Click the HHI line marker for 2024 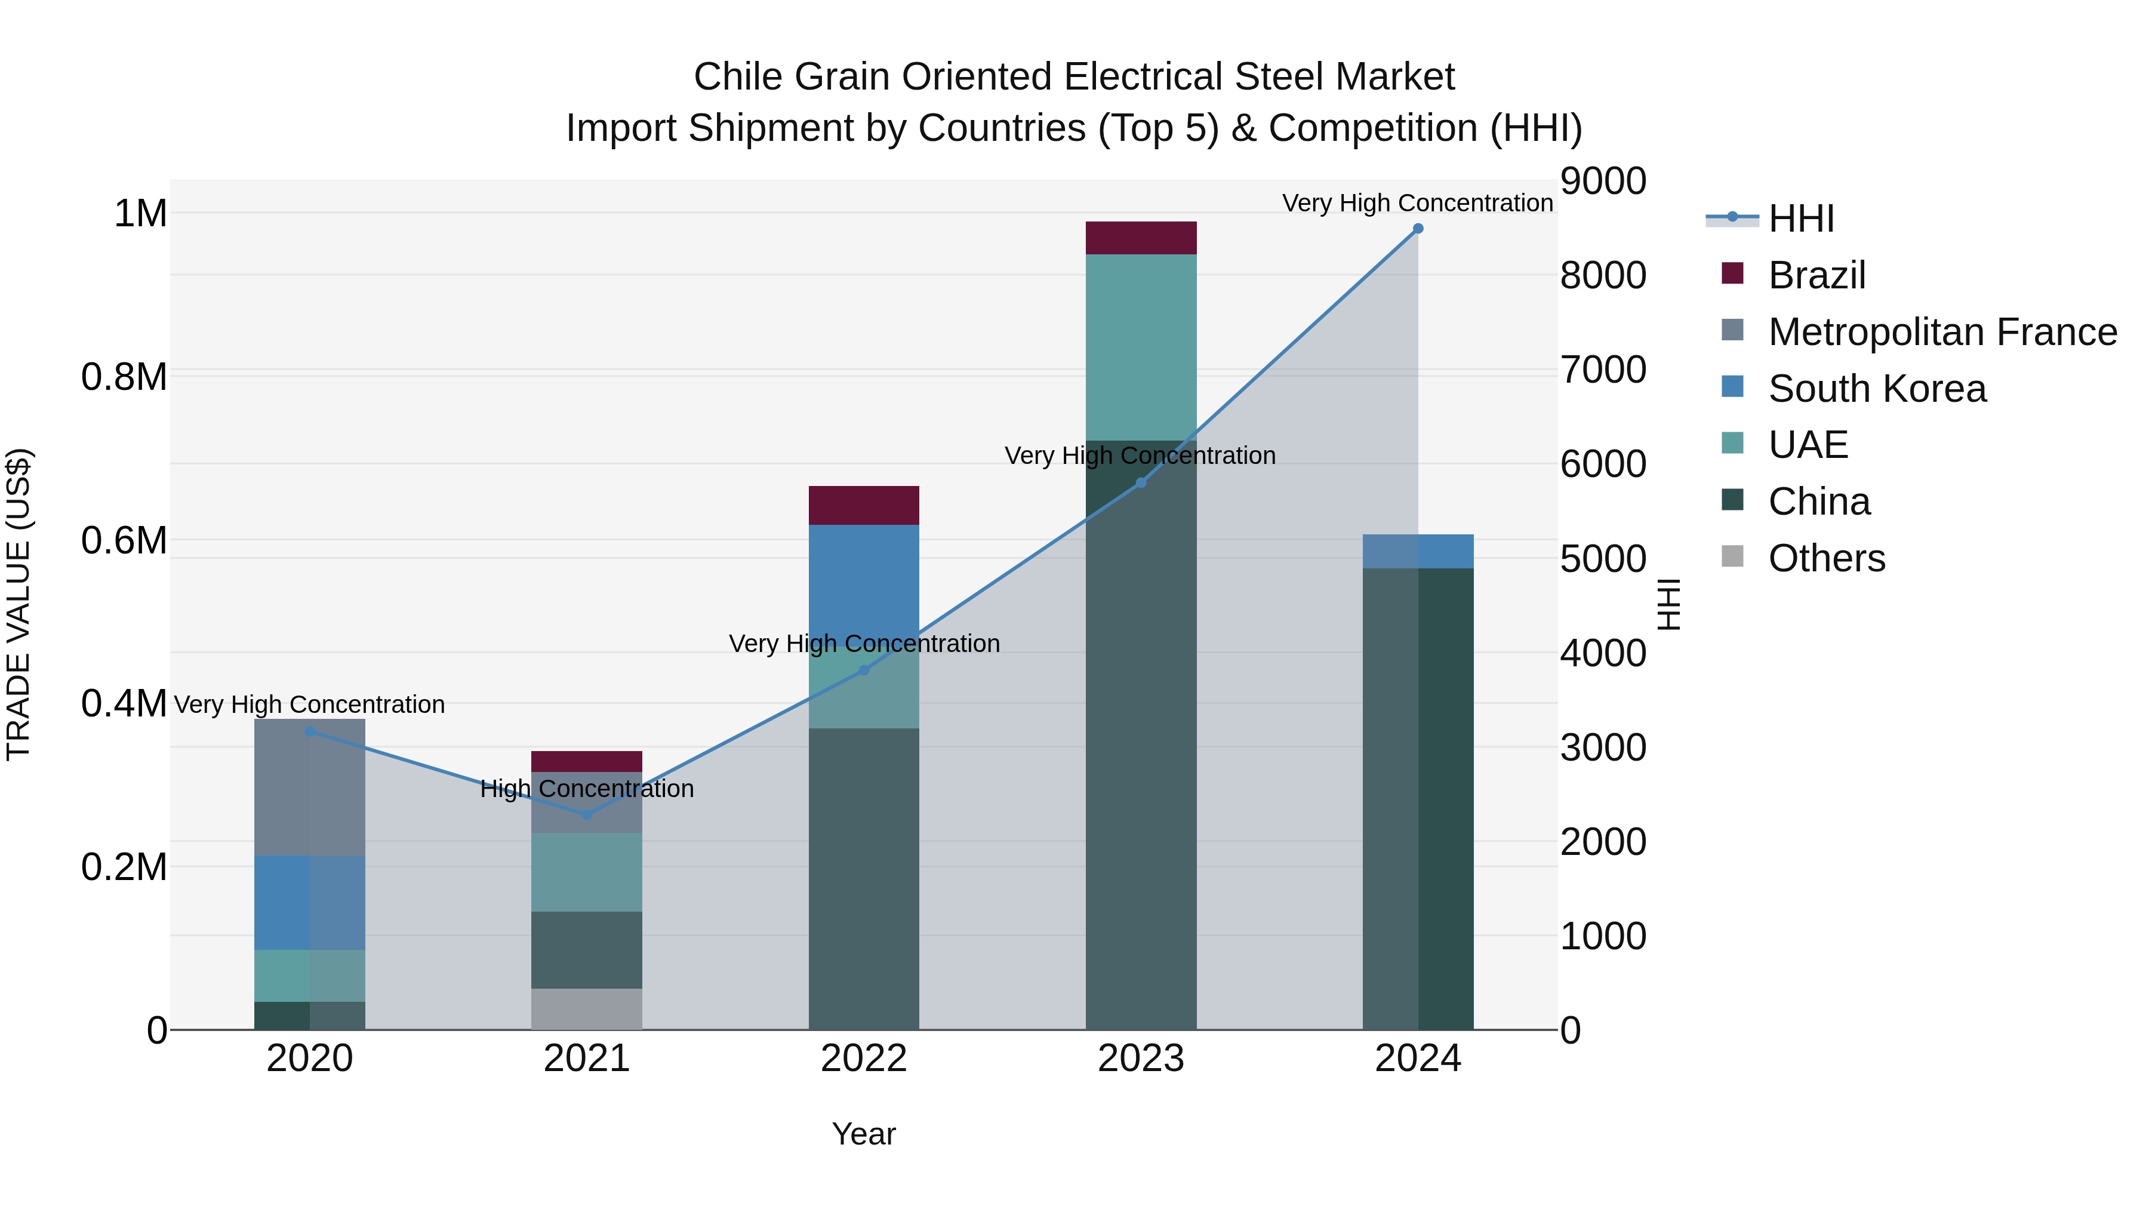1417,229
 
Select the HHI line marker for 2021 586,814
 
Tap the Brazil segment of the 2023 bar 1140,238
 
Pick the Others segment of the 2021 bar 586,1009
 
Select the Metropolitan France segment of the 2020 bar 309,787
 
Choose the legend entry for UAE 1808,445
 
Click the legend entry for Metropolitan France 1942,332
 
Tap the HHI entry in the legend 1800,219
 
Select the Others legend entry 1826,558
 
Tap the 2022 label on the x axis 863,1059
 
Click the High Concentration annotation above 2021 586,789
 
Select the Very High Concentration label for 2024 1417,203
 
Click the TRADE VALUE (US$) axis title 19,604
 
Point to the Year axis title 863,1134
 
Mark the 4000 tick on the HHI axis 1603,653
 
